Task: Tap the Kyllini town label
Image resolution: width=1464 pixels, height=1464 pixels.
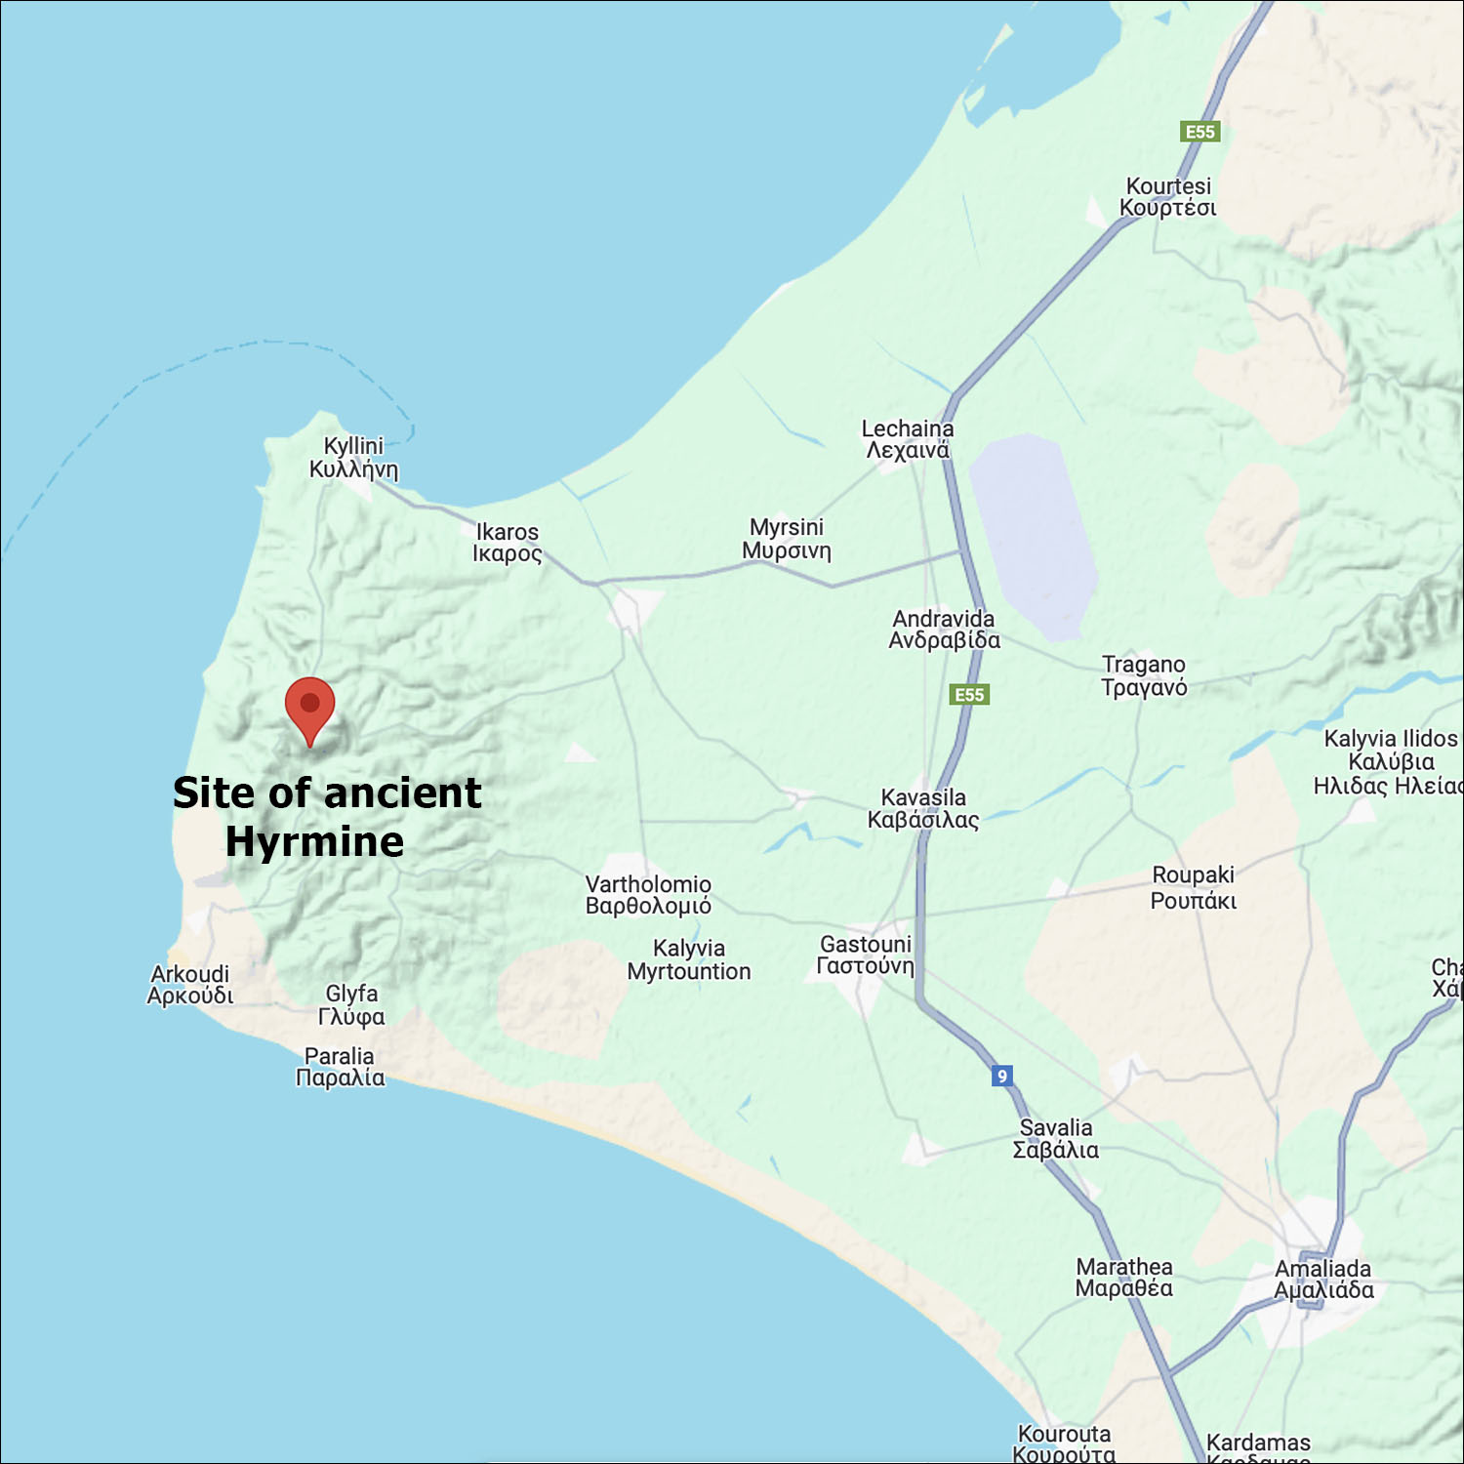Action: (353, 458)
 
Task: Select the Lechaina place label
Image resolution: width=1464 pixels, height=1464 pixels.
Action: (908, 439)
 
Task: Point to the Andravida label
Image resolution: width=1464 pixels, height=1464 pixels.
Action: (944, 630)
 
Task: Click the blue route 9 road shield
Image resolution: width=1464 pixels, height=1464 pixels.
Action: (1001, 1076)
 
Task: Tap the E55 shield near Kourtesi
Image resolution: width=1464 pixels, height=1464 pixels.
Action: (1200, 132)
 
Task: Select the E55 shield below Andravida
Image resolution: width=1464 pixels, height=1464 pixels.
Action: (969, 695)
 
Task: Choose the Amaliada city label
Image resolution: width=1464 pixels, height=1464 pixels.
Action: (1323, 1280)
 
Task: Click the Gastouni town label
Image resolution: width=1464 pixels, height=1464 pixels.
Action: (866, 955)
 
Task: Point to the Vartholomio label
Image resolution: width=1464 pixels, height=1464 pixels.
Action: (648, 895)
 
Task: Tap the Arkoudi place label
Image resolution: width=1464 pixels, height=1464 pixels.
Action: (190, 985)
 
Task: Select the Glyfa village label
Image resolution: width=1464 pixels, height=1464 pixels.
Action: (351, 1004)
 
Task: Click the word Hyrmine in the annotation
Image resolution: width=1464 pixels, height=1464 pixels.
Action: (314, 841)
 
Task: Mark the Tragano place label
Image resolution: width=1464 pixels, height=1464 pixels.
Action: (1144, 675)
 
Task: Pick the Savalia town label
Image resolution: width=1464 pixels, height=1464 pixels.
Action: (1056, 1139)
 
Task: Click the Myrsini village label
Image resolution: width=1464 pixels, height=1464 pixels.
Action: (787, 539)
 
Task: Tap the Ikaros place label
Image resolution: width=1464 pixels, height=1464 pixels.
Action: (507, 543)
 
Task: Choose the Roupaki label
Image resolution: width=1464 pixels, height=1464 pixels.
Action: (1193, 887)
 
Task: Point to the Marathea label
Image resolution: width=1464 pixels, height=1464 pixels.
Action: (1124, 1278)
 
